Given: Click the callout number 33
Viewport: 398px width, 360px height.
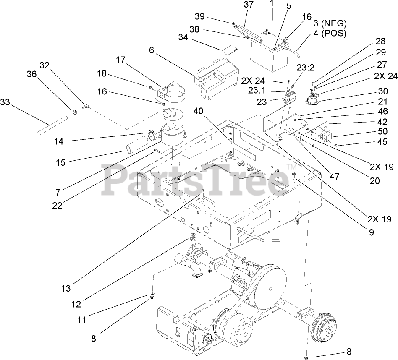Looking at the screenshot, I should tap(5, 102).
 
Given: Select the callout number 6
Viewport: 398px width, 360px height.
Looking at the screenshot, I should tap(152, 50).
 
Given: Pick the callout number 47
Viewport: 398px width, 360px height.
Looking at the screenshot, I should tap(334, 177).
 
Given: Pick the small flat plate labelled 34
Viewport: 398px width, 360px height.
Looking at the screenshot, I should tap(228, 50).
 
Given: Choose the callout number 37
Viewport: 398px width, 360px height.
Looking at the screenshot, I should tap(248, 5).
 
